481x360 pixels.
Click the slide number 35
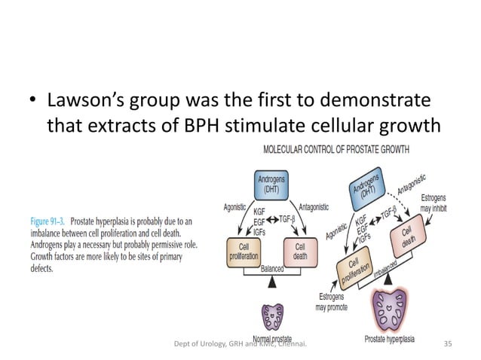448,344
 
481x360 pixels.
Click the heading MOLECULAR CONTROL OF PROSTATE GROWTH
336,149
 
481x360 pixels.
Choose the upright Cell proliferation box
244,252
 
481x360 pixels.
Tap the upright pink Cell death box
300,252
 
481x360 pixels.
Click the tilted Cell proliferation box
353,270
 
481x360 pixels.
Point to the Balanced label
272,268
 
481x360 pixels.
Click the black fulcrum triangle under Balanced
271,280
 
